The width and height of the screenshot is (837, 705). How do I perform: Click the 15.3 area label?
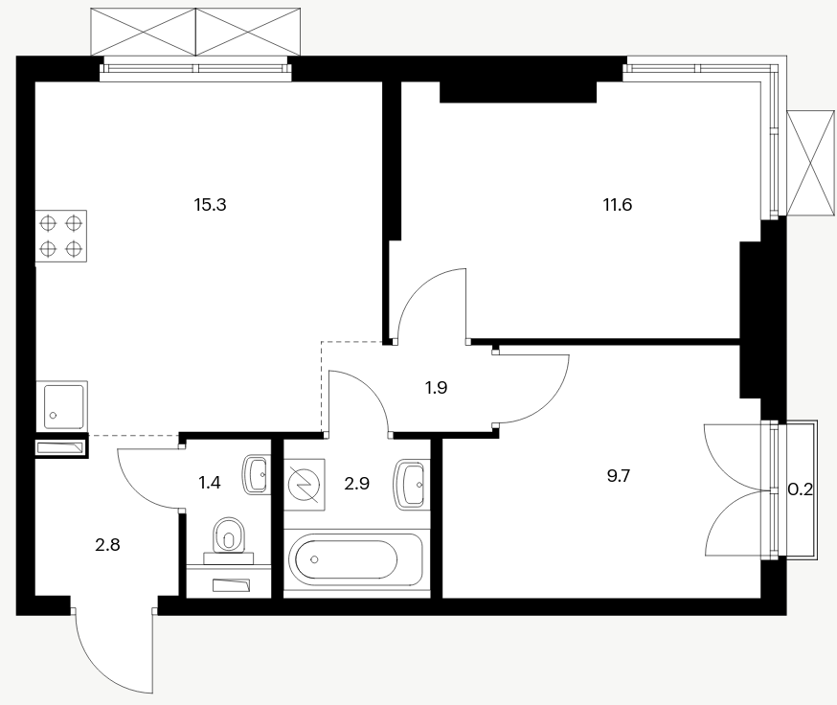(x=211, y=205)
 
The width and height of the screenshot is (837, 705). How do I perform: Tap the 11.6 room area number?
(x=618, y=205)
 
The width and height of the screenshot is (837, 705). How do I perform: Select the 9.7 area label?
(x=619, y=475)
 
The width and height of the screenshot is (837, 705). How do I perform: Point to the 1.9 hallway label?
(x=436, y=388)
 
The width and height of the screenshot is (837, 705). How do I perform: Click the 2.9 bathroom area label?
(x=356, y=484)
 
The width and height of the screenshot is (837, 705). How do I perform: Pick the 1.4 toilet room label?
(x=209, y=483)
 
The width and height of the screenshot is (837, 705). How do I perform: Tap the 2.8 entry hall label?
(x=107, y=545)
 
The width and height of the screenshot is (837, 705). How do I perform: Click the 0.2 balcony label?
(x=801, y=489)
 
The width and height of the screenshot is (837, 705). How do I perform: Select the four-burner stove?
(x=61, y=236)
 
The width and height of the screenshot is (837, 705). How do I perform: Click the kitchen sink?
(x=61, y=406)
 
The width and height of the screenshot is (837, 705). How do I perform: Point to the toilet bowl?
(x=230, y=535)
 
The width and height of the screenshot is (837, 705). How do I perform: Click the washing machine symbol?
(x=305, y=485)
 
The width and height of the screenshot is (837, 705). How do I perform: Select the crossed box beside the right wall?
(x=811, y=164)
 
